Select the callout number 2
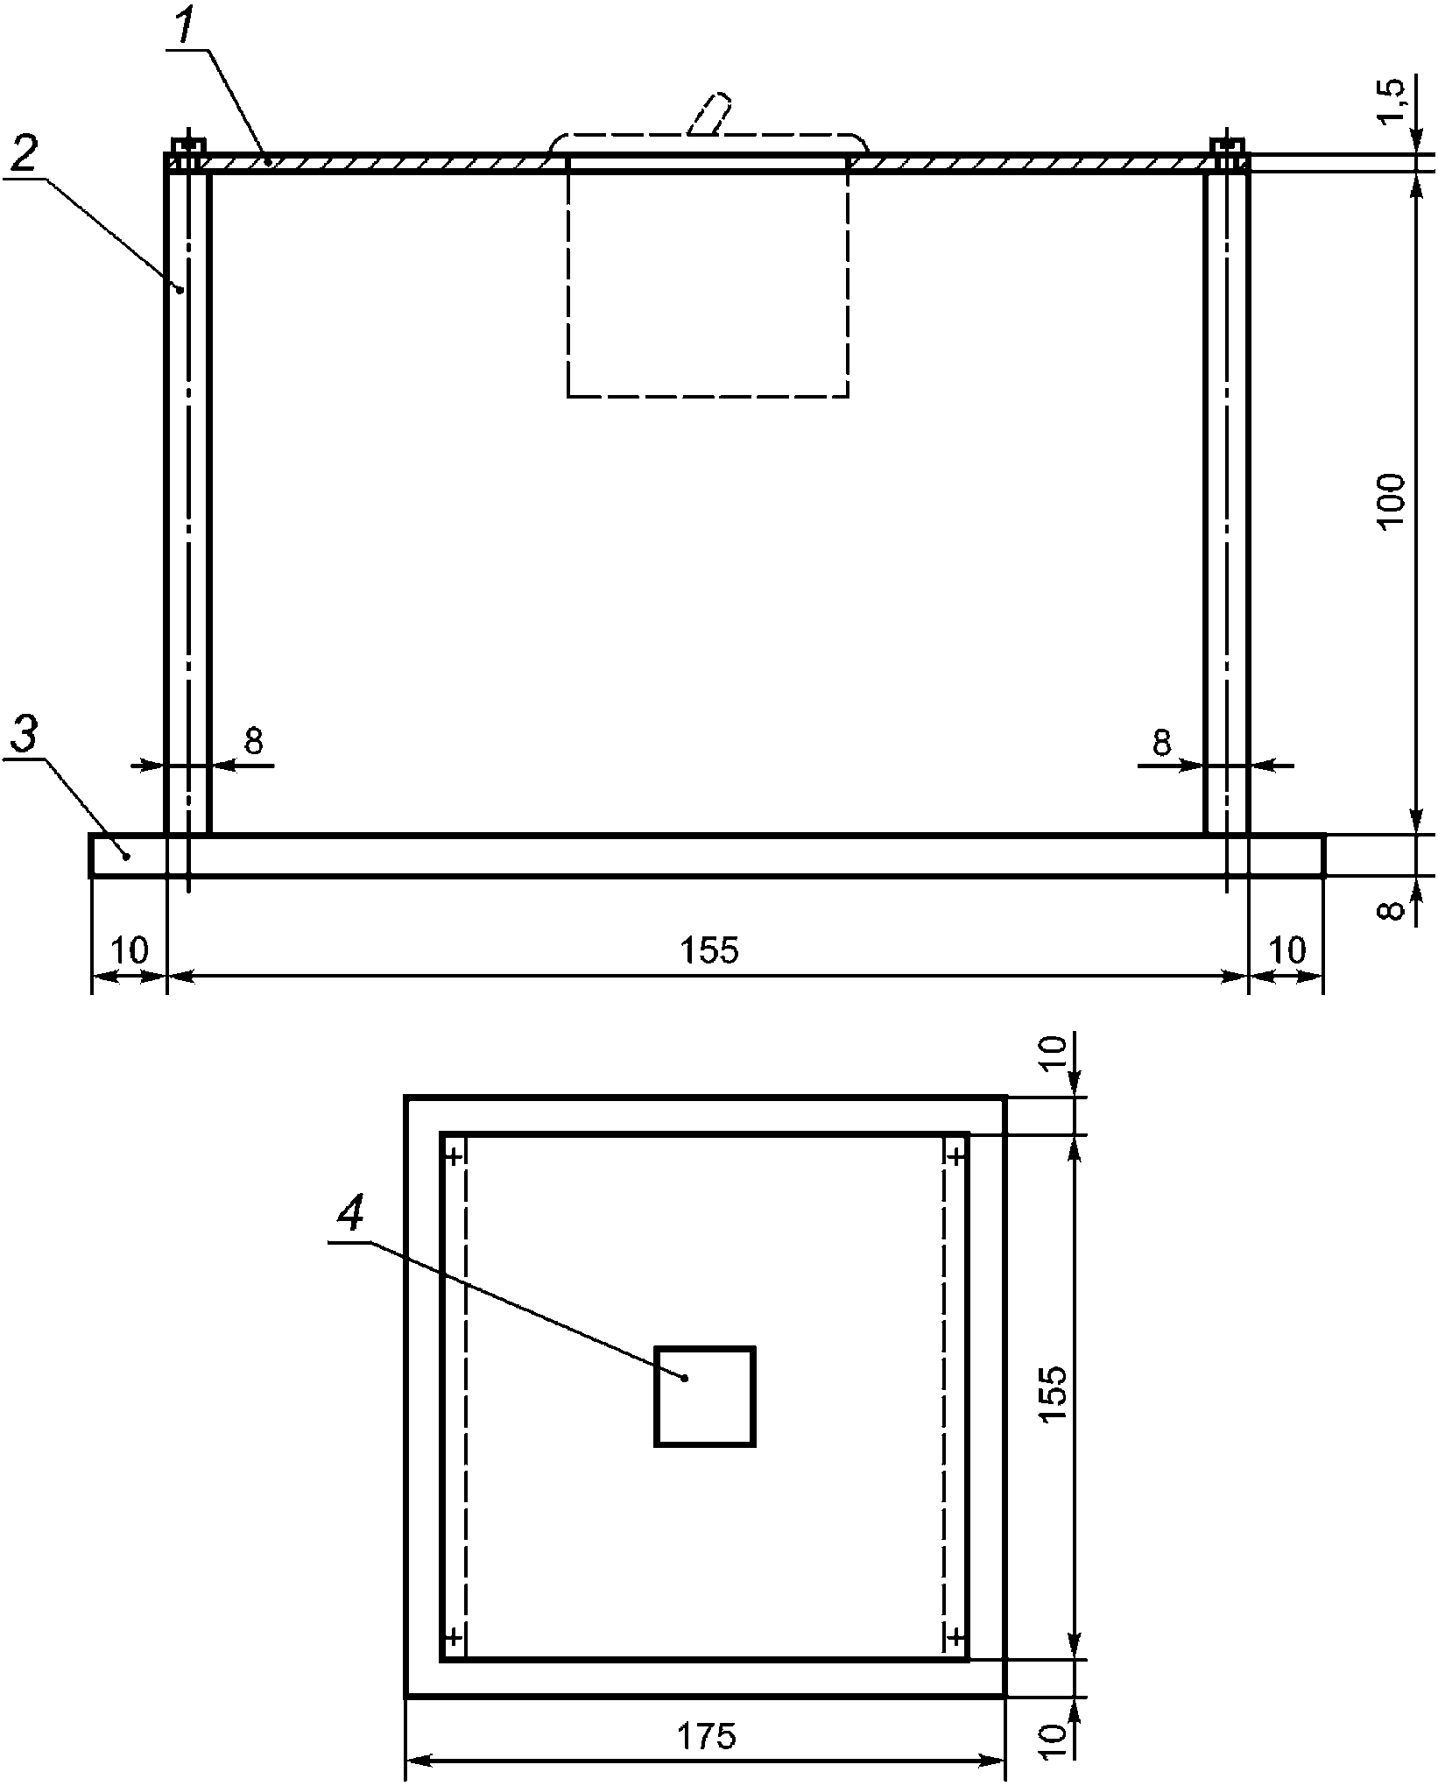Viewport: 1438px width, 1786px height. tap(24, 157)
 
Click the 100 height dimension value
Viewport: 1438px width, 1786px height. tap(1391, 500)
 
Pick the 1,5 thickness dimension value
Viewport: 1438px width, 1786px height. tap(1391, 102)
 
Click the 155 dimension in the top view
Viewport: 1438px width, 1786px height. tap(708, 949)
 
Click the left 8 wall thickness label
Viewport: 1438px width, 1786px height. tap(253, 741)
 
